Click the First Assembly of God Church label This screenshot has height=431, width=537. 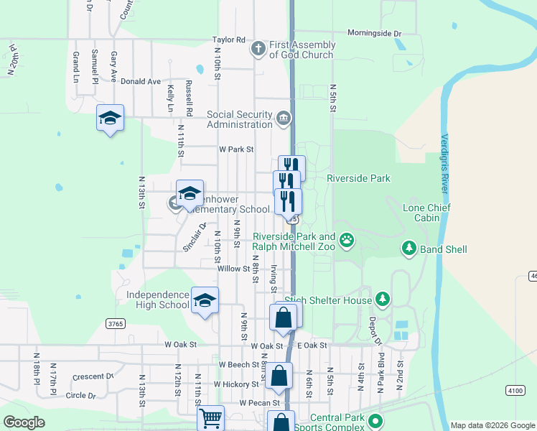tap(302, 50)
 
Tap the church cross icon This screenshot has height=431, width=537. tap(258, 49)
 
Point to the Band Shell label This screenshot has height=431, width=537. tap(444, 249)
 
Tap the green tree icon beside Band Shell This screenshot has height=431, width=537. tap(409, 249)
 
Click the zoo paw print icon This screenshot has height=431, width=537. tap(347, 240)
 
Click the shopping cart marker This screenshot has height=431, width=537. tap(210, 417)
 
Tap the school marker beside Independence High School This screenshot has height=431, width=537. tap(205, 301)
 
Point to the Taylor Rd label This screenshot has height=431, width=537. tap(228, 40)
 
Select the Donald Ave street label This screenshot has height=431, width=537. tap(141, 81)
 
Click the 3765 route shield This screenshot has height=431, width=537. tap(116, 324)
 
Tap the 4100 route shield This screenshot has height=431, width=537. tap(515, 390)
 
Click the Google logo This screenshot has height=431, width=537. tap(24, 422)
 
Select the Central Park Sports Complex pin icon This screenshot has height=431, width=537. tap(373, 422)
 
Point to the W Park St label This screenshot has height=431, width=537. tap(237, 149)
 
